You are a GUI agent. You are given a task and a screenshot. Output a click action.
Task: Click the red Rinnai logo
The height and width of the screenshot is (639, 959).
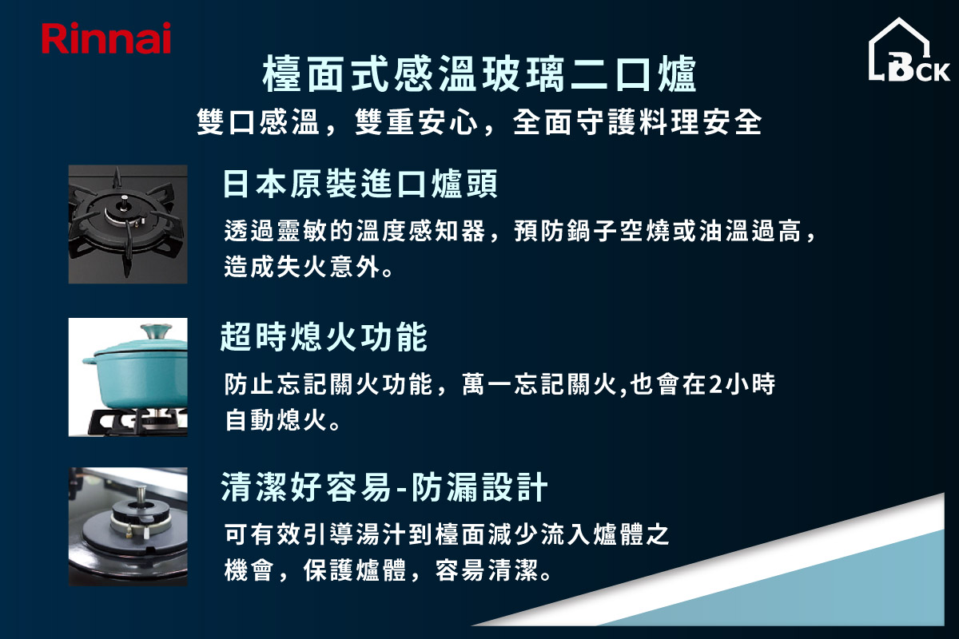point(106,38)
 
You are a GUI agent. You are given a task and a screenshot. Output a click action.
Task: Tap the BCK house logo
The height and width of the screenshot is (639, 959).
point(909,50)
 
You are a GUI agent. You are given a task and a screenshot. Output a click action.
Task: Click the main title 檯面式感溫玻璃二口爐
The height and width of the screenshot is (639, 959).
point(479,73)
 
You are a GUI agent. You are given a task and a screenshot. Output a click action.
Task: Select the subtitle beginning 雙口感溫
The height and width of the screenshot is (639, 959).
point(479,122)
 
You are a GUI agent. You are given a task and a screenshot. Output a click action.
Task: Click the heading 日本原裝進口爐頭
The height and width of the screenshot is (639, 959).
point(360,184)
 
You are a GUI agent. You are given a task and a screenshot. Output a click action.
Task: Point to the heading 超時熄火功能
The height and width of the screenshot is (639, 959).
point(324,337)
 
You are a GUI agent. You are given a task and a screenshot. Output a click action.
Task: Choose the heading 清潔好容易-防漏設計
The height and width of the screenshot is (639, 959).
point(384,487)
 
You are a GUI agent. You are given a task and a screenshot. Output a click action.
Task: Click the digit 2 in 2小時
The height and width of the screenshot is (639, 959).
point(715,383)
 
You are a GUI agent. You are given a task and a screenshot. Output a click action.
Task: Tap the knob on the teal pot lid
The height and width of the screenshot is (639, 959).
point(157,331)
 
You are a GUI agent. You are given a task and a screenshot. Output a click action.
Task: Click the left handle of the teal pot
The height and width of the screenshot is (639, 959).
point(89,360)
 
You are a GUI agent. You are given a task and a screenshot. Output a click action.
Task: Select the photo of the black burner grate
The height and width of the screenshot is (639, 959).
point(128,224)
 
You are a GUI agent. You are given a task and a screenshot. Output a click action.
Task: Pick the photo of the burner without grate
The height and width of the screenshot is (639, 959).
point(128,526)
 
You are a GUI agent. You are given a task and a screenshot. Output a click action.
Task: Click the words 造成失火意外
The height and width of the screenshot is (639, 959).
point(301,266)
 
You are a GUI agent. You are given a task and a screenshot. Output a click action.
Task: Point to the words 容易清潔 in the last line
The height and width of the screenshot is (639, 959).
point(487,570)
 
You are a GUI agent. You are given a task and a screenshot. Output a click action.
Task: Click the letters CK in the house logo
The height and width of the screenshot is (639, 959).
point(933,72)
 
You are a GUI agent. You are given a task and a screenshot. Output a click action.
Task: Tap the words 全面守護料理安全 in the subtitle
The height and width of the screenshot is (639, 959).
point(637,122)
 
